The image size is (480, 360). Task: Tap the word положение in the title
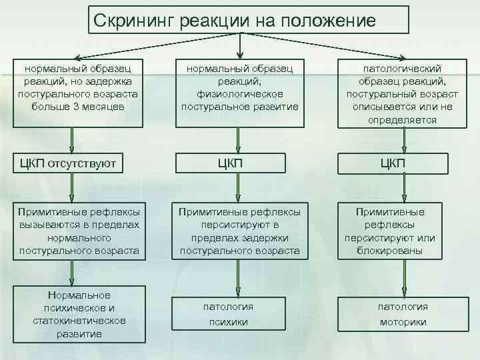(329, 20)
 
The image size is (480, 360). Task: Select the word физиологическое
(239, 94)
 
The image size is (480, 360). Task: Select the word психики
(228, 322)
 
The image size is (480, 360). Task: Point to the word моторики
(403, 322)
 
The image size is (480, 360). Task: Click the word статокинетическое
(79, 321)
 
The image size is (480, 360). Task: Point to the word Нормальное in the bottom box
(79, 295)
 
